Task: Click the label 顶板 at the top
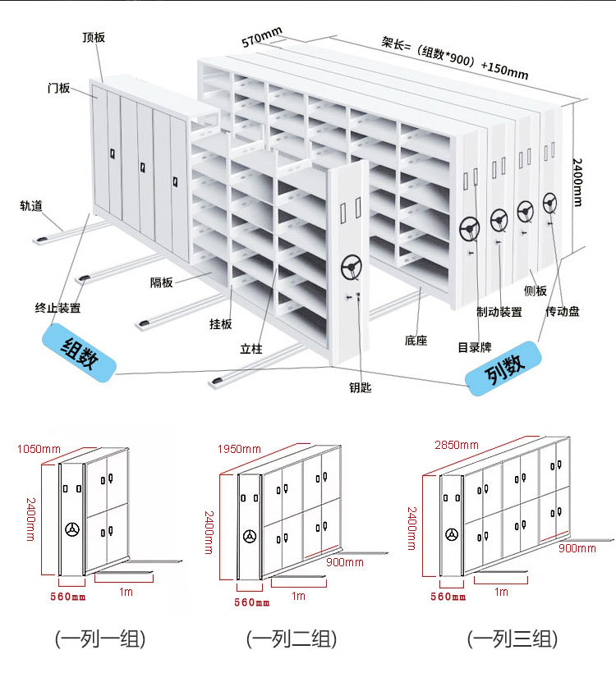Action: pos(94,37)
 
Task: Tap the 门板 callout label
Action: pos(58,88)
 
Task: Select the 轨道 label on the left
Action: pos(31,206)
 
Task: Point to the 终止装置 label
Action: pos(57,308)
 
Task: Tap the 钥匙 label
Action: pos(360,387)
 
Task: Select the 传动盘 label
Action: pos(563,311)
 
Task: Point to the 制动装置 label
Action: pos(499,312)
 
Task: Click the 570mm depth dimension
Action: pos(262,37)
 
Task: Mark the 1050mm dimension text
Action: pos(39,449)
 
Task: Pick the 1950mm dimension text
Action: pos(239,449)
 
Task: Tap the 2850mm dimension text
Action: pos(455,444)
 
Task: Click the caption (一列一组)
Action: pos(99,639)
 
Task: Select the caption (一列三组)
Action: pos(513,639)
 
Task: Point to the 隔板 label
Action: pos(161,282)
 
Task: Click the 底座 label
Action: pos(416,340)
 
